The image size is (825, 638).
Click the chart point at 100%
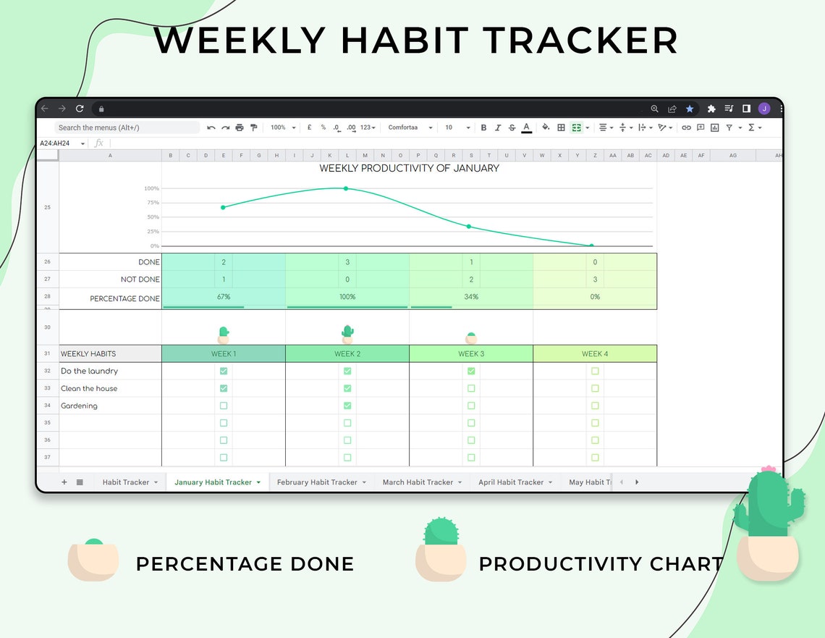tap(346, 188)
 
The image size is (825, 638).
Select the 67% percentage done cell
tap(223, 297)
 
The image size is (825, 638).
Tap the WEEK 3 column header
tap(471, 354)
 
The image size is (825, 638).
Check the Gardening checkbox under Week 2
tap(347, 406)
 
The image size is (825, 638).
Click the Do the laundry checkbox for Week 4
tap(595, 371)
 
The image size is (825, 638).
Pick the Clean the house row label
tap(89, 389)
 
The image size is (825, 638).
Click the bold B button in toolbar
tap(483, 127)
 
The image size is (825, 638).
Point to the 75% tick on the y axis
tap(153, 203)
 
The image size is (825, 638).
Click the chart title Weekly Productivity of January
tap(410, 169)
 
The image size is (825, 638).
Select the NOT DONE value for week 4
tap(595, 280)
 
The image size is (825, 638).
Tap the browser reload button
tap(80, 109)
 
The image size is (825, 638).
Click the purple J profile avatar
tap(764, 109)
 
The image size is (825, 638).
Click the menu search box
tap(127, 127)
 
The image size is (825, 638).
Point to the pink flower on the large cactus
tap(768, 469)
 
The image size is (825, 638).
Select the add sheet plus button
tap(64, 482)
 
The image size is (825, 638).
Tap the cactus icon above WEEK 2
tap(347, 333)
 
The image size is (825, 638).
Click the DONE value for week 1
tap(224, 262)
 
